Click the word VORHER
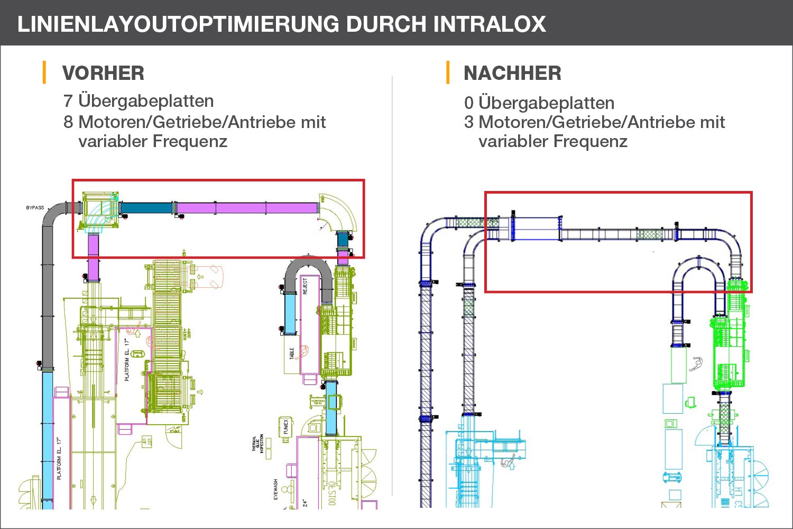(103, 73)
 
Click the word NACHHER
(512, 73)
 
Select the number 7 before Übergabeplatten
(68, 101)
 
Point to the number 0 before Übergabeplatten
(469, 103)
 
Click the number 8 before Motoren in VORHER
(68, 122)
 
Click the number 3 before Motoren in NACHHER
(469, 122)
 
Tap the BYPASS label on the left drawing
(35, 208)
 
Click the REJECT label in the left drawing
(305, 286)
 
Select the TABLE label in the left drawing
(292, 354)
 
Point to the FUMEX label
(286, 426)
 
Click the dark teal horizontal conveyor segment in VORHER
(147, 208)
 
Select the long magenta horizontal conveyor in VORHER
(246, 208)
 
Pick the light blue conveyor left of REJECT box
(290, 313)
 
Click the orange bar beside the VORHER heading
(44, 72)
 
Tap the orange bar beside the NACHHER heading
(448, 72)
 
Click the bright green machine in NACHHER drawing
(730, 349)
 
